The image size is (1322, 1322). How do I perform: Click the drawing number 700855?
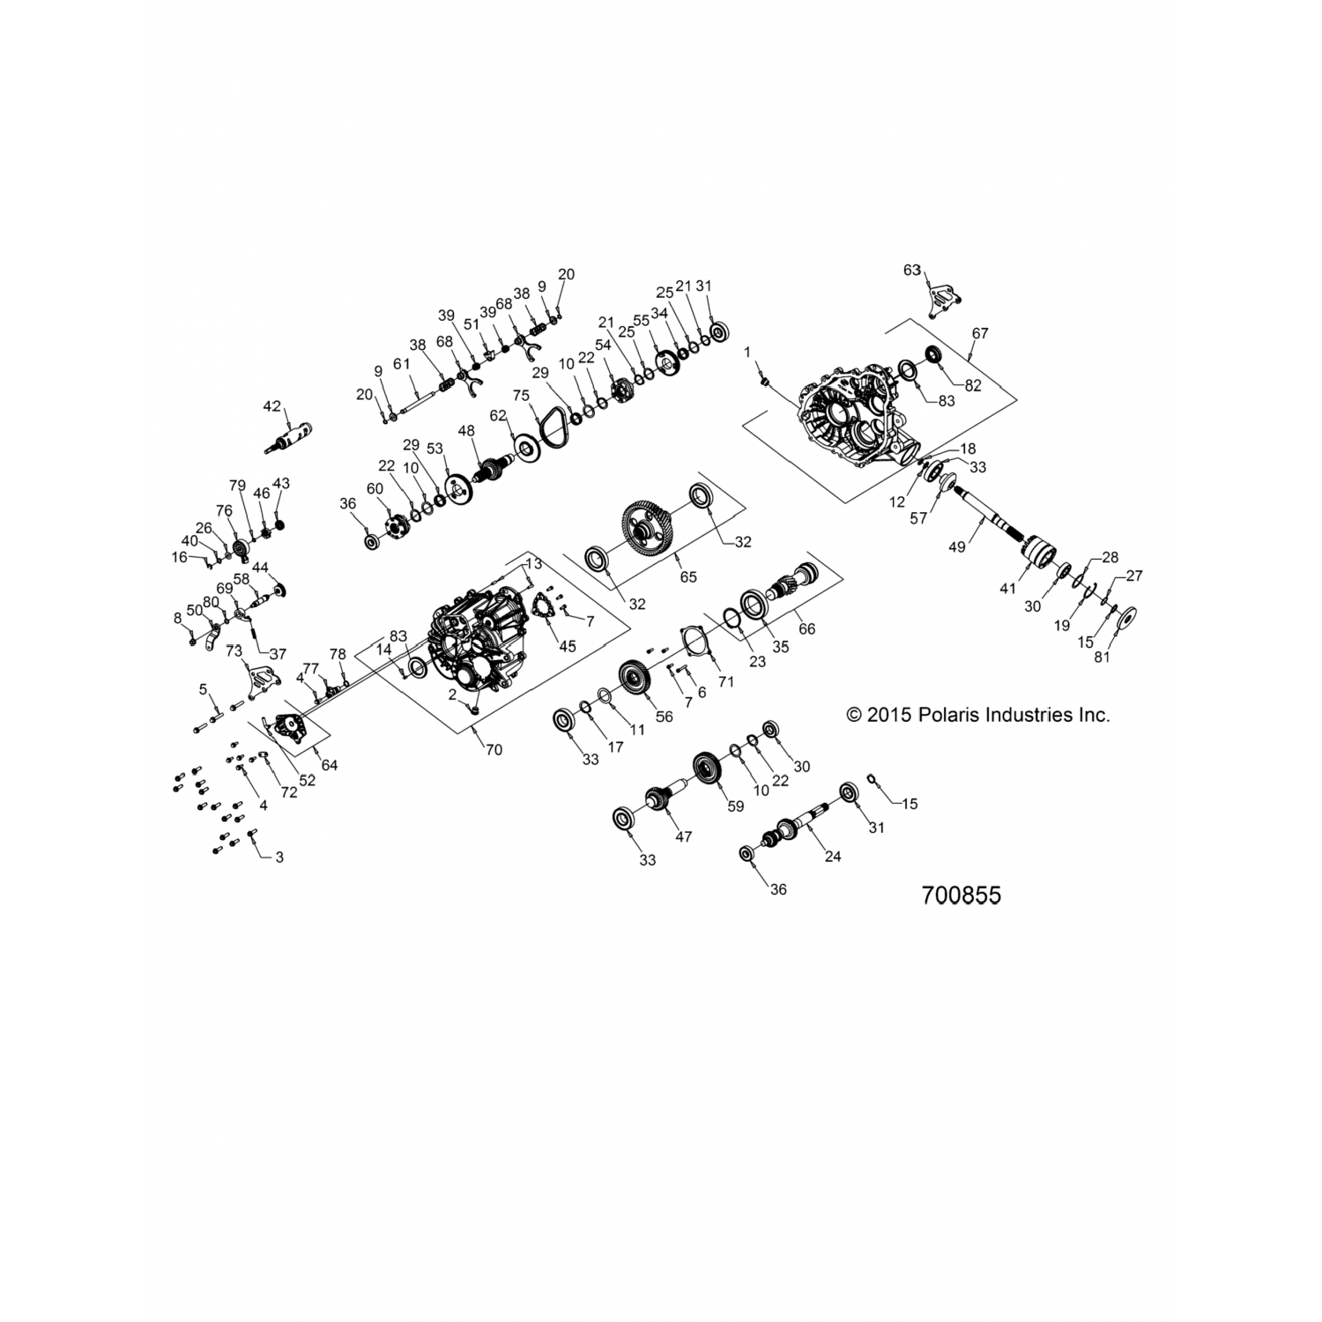(x=961, y=895)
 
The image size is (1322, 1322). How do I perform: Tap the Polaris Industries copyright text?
(x=977, y=715)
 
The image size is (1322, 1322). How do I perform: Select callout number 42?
(x=271, y=406)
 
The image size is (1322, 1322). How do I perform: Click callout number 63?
(x=911, y=270)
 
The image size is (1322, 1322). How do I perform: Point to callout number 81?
(x=1103, y=657)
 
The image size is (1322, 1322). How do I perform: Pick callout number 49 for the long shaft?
(x=956, y=546)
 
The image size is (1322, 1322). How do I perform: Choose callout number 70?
(x=494, y=749)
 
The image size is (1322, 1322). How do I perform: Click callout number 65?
(x=688, y=576)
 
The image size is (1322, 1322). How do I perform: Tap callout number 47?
(x=683, y=836)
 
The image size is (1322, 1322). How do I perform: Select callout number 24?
(x=833, y=855)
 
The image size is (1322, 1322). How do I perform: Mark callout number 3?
(x=279, y=857)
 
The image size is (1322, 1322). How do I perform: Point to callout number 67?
(x=980, y=334)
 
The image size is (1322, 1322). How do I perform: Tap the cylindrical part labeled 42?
(x=295, y=434)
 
